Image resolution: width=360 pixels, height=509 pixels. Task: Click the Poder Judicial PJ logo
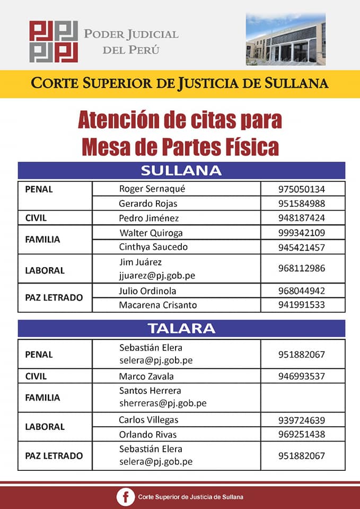[x=54, y=41]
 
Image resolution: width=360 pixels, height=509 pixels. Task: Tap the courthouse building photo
[x=285, y=40]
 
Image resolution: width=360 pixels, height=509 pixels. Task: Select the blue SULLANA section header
[x=181, y=171]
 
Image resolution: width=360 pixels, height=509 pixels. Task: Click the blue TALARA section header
[x=181, y=328]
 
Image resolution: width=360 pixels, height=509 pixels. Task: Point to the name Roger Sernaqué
[x=152, y=189]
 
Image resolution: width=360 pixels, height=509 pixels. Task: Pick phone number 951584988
[x=301, y=204]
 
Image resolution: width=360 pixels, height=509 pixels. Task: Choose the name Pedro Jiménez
[x=149, y=218]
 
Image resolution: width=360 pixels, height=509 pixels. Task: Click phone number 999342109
[x=301, y=233]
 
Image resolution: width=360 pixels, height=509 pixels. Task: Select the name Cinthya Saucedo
[x=153, y=247]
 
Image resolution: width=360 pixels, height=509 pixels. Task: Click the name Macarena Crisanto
[x=157, y=305]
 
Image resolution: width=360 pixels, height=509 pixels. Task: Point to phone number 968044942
[x=301, y=291]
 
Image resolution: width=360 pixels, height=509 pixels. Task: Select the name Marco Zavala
[x=146, y=376]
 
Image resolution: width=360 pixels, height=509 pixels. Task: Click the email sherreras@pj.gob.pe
[x=163, y=403]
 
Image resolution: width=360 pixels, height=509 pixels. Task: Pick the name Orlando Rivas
[x=148, y=434]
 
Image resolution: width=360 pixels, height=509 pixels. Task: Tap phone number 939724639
[x=301, y=420]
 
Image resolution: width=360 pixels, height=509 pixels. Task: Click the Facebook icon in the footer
[x=126, y=497]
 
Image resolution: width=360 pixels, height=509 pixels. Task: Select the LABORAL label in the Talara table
[x=45, y=427]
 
